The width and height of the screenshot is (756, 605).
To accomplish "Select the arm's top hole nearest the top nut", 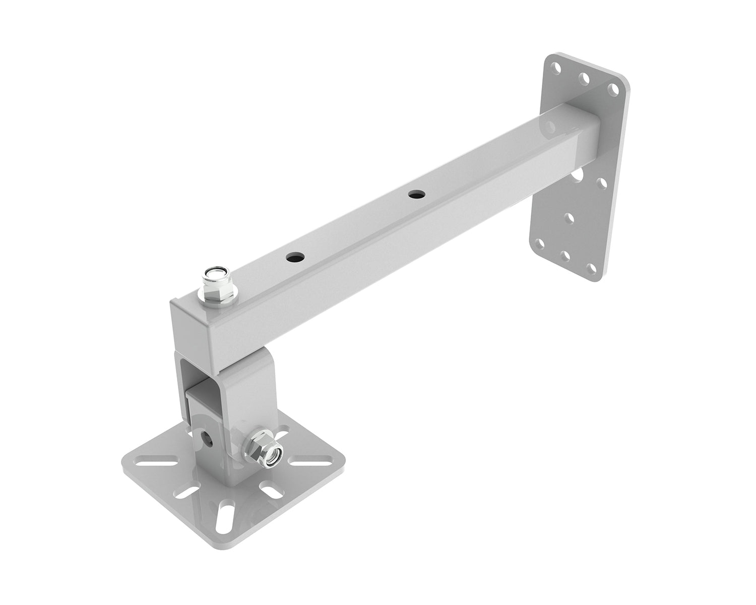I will pyautogui.click(x=296, y=257).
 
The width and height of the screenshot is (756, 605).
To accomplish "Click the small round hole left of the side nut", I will pyautogui.click(x=207, y=436).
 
